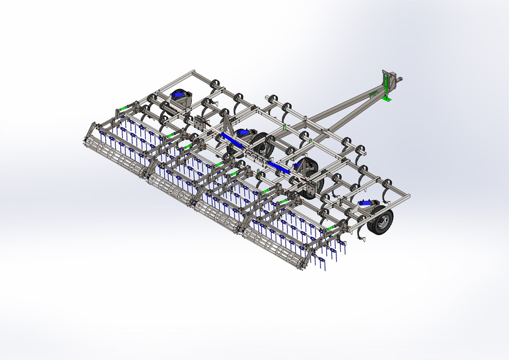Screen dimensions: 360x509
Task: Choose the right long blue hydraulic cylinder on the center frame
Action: click(x=280, y=166)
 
